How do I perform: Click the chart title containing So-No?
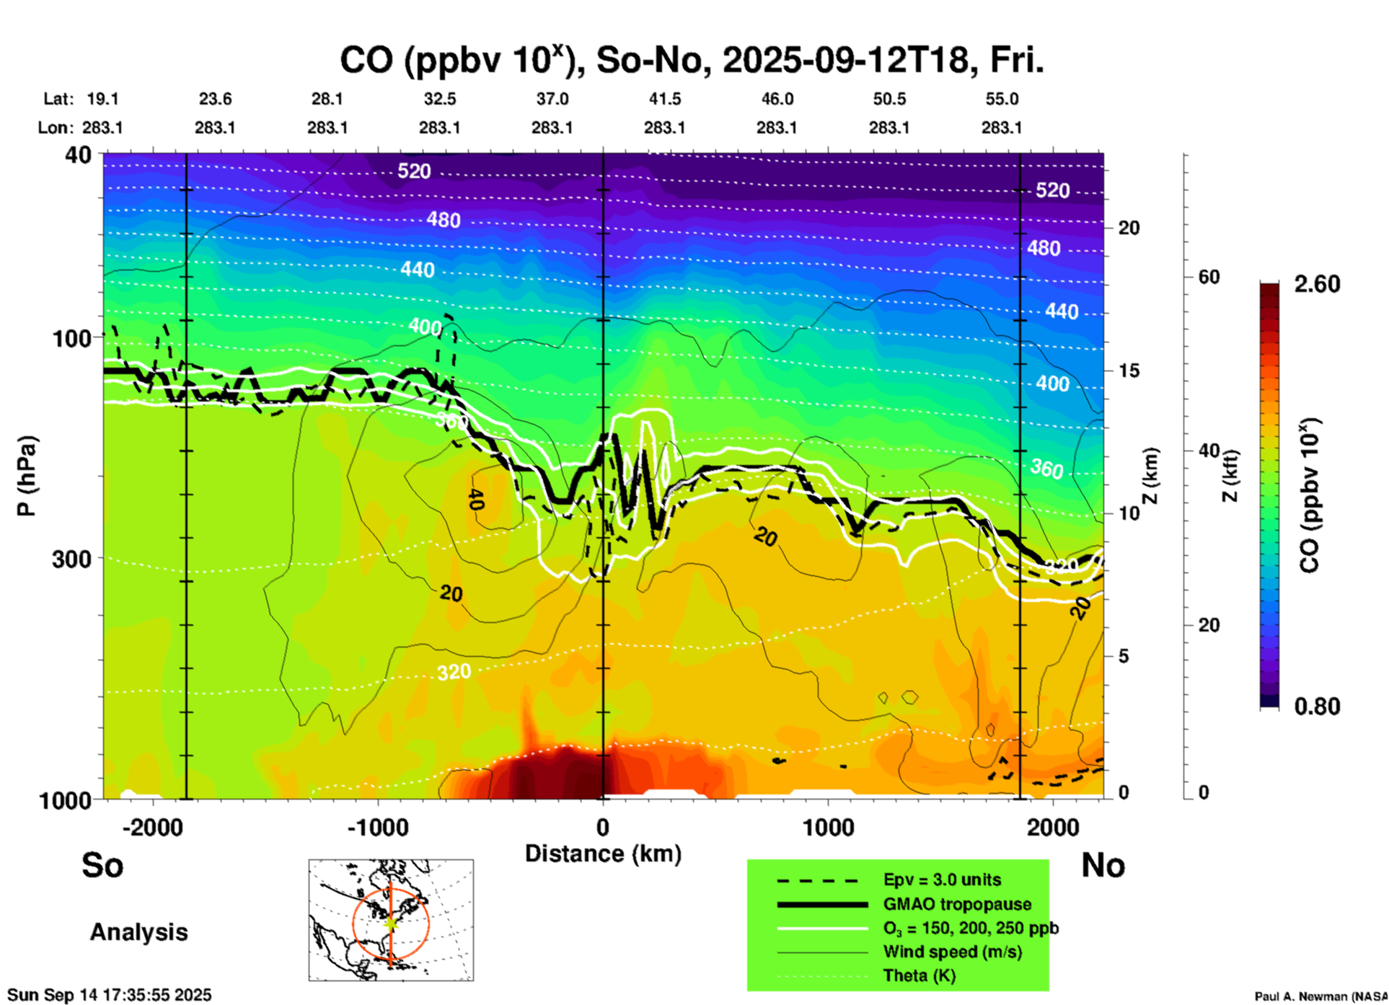(692, 61)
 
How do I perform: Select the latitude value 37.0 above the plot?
(552, 99)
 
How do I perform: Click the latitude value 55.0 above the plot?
(1001, 99)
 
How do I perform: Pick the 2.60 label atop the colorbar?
(1317, 284)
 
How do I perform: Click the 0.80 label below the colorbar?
(1317, 707)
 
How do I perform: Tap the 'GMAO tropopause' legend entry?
(957, 904)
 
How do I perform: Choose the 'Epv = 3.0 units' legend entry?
(942, 880)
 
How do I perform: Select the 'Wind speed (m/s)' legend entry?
(952, 952)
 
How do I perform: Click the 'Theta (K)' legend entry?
(919, 975)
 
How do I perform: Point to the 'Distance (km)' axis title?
(603, 854)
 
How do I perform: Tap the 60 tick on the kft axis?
(1209, 277)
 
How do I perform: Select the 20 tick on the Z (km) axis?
(1129, 228)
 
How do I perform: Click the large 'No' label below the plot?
(1103, 865)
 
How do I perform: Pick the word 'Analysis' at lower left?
(138, 932)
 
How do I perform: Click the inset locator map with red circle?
(391, 920)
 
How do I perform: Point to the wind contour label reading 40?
(475, 499)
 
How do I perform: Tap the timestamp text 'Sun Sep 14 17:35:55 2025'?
(110, 995)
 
